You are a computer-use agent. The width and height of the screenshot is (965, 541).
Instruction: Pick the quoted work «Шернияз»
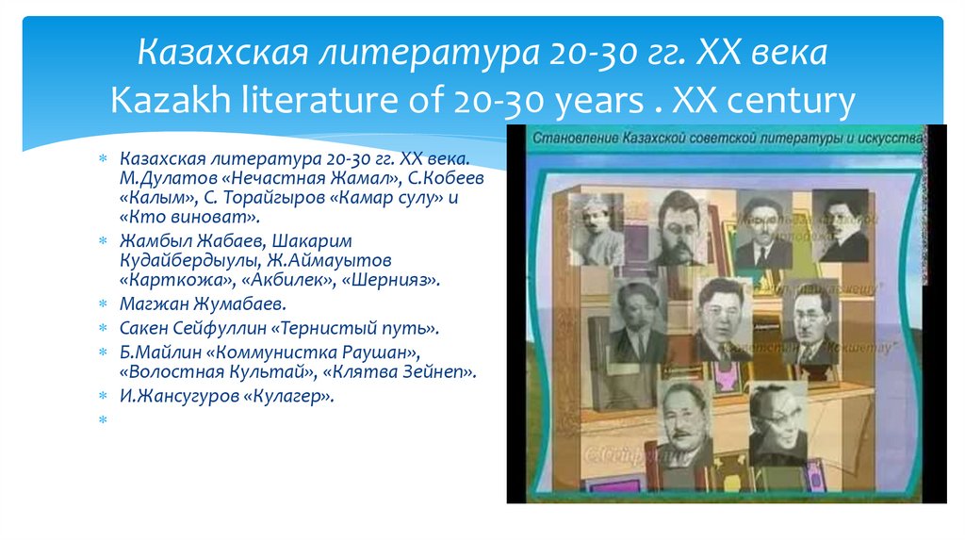tap(390, 281)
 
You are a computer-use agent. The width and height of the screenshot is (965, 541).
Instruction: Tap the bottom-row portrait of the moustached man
tap(685, 424)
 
